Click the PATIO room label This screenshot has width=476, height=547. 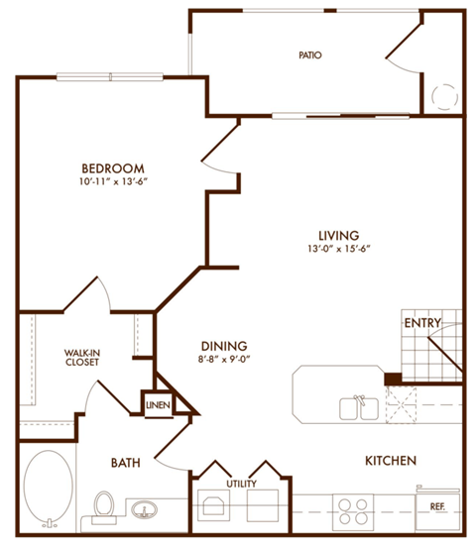pos(309,55)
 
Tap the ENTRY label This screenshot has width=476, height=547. pos(421,323)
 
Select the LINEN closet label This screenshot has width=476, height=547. pos(158,404)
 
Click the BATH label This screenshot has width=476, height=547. pos(125,462)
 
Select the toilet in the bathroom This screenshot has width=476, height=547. pos(102,505)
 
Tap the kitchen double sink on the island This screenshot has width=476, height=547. pos(358,407)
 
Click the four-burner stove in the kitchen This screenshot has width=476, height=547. pos(353,509)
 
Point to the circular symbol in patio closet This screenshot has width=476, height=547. pos(442,96)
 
